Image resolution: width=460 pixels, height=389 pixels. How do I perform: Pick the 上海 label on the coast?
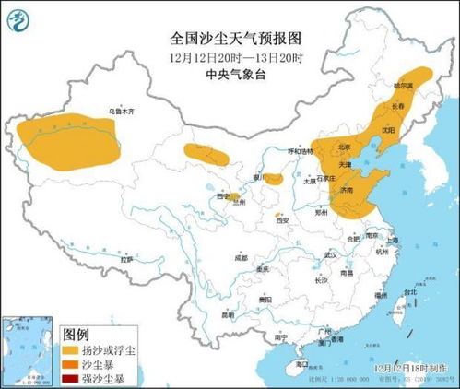tap(393, 240)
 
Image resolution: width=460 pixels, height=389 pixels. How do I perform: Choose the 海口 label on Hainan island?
tap(301, 365)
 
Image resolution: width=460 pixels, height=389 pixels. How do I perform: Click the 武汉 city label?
tap(319, 254)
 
